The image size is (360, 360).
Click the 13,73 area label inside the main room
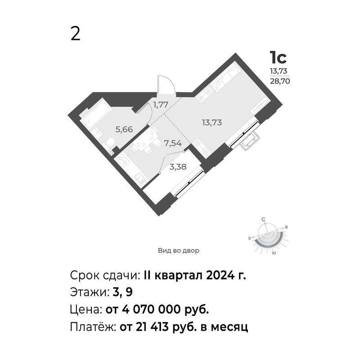[x=211, y=122]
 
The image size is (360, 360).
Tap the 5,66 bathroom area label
[x=124, y=130]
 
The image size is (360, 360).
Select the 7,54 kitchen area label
[x=173, y=144]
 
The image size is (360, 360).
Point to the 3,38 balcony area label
[x=178, y=166]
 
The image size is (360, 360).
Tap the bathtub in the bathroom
[x=96, y=111]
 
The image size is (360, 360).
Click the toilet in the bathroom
[x=109, y=144]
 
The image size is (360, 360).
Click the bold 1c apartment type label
[x=278, y=58]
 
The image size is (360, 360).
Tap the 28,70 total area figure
[x=279, y=81]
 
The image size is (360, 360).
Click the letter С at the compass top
[x=264, y=220]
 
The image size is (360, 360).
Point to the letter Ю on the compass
[x=274, y=253]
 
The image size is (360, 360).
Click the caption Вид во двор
[x=178, y=251]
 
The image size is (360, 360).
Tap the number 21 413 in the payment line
[x=151, y=327]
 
